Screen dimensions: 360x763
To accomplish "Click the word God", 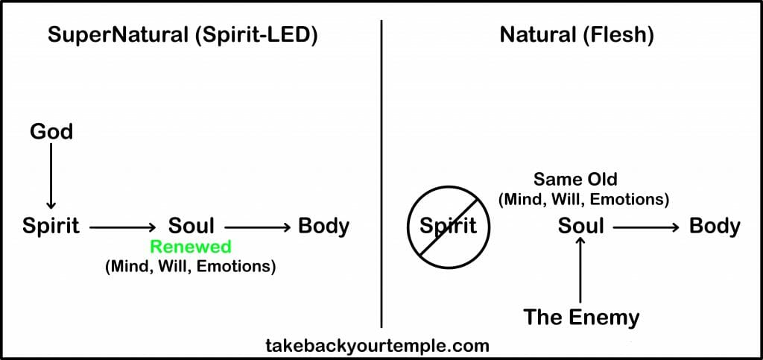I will click(x=51, y=132).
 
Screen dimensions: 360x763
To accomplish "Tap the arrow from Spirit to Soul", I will click(x=124, y=226).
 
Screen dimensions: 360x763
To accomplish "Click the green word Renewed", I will click(x=191, y=247).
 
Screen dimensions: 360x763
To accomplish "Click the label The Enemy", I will click(x=581, y=317).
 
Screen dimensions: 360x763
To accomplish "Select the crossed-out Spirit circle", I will click(x=448, y=226).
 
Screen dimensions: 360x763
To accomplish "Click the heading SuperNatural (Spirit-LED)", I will click(x=183, y=36).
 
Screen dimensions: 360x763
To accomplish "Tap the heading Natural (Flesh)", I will click(x=576, y=36).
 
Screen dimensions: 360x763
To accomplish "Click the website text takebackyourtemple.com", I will click(x=377, y=345).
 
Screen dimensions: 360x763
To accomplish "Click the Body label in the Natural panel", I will click(x=715, y=226).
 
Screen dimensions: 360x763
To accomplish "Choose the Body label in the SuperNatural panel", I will click(x=323, y=226).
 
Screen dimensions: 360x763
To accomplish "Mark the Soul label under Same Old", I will click(x=581, y=226).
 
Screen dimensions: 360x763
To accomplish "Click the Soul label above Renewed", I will click(x=191, y=226).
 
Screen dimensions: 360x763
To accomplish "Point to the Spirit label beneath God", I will click(x=51, y=226).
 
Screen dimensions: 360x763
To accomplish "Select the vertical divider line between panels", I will click(x=381, y=171).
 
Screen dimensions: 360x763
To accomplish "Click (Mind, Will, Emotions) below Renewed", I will click(x=191, y=266).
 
